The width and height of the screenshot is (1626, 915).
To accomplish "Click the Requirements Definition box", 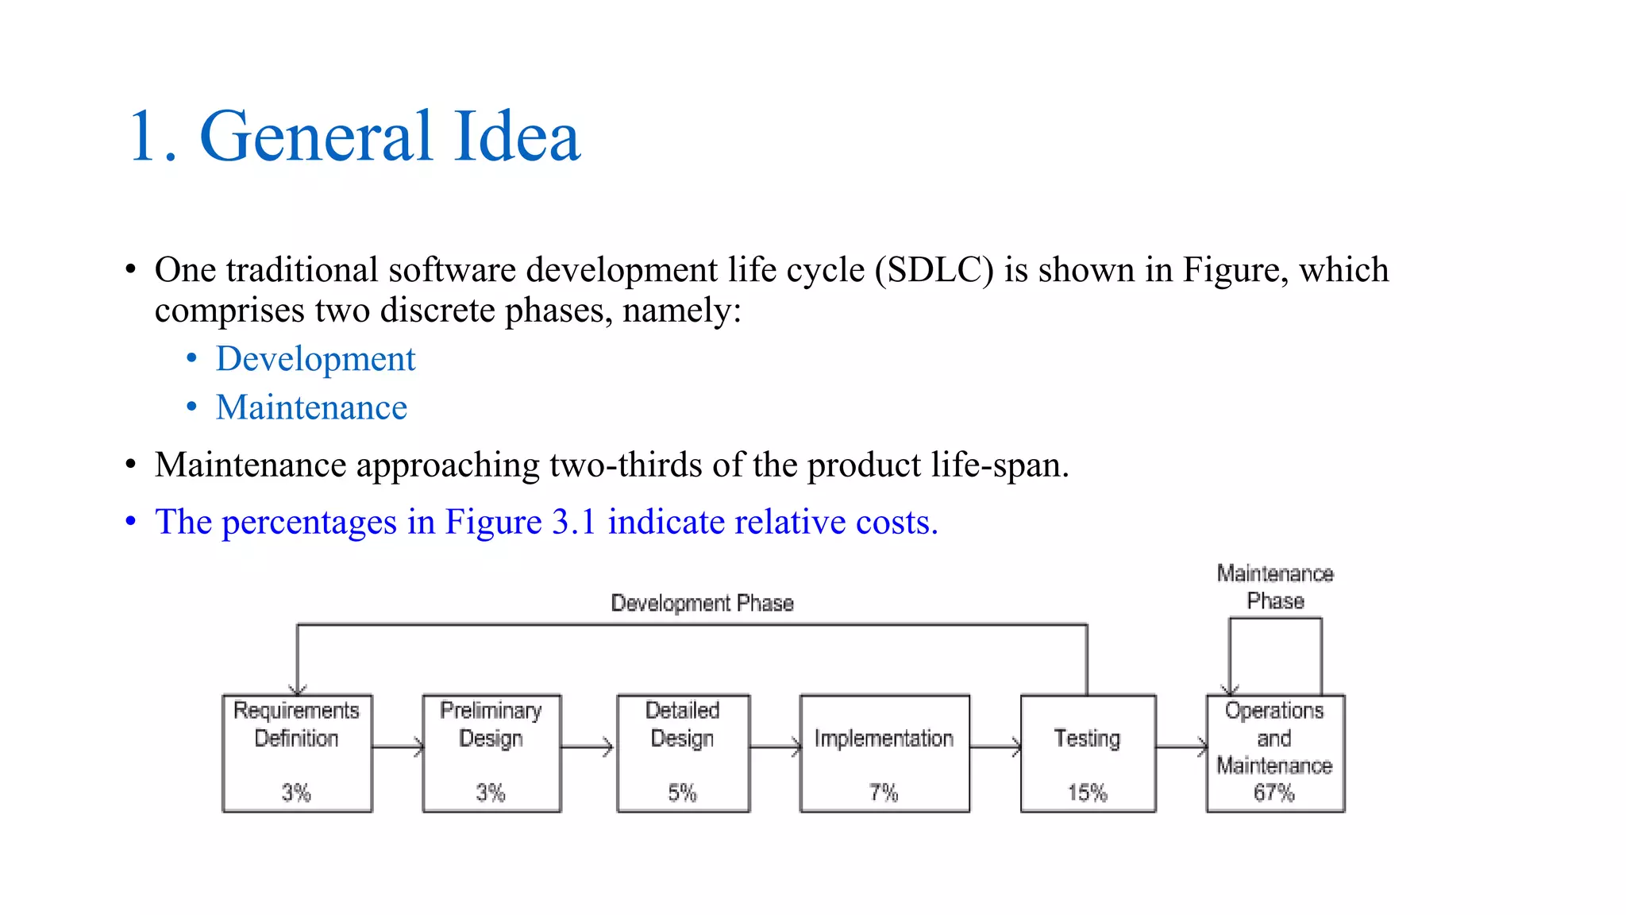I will click(297, 753).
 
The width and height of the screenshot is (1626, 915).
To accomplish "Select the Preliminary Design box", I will click(491, 753).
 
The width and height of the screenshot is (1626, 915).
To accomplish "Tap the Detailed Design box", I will click(683, 753).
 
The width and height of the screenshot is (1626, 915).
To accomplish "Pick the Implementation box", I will click(884, 753).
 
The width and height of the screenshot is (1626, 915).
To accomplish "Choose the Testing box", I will click(1088, 753).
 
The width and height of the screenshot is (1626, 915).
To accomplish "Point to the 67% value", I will click(1274, 793).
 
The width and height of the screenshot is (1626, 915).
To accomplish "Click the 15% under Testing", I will click(1087, 793).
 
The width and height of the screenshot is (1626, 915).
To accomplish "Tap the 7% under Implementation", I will click(884, 793).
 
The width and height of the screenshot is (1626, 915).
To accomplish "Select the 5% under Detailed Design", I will click(682, 793).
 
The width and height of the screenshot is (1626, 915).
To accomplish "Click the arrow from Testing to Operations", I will click(1181, 747).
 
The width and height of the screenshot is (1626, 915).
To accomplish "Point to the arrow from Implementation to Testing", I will click(995, 747).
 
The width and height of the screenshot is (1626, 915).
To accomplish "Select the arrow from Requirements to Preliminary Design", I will click(398, 747).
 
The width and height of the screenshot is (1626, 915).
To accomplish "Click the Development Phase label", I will click(702, 604).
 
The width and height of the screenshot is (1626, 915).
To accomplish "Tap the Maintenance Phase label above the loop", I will click(1275, 587).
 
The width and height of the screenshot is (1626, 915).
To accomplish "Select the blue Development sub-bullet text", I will click(315, 359).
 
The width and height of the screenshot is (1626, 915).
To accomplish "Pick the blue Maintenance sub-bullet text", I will click(311, 407).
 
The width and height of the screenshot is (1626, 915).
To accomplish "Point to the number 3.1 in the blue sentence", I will click(573, 523).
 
